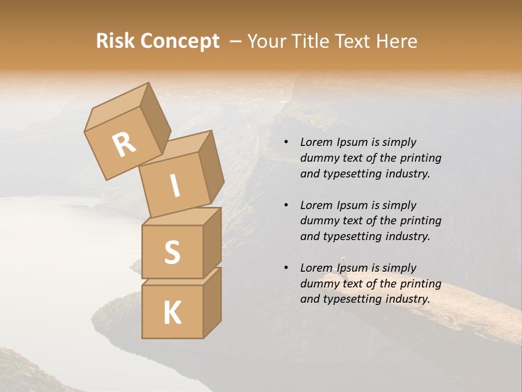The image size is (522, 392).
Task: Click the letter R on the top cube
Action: [x=125, y=144]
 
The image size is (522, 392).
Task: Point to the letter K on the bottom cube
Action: [x=172, y=313]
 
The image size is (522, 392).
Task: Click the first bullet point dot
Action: [x=285, y=143]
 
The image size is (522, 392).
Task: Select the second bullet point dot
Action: [x=285, y=206]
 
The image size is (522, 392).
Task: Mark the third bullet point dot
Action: [x=285, y=268]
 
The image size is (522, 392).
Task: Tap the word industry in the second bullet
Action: [x=407, y=236]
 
